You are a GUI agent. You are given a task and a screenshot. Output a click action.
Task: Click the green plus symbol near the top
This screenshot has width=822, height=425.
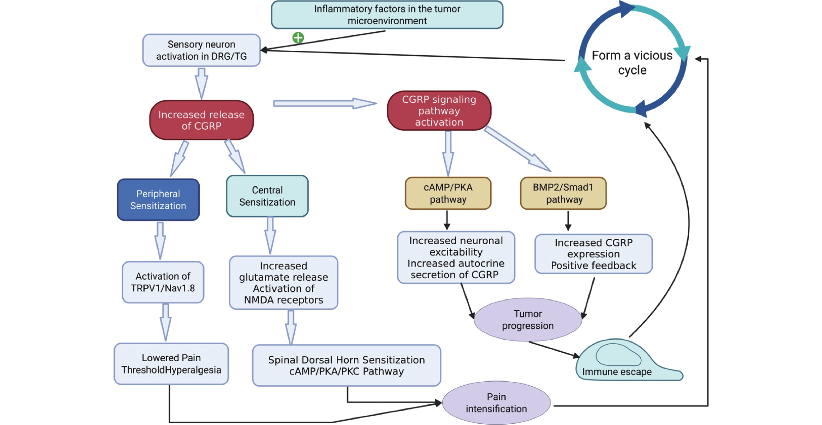298,38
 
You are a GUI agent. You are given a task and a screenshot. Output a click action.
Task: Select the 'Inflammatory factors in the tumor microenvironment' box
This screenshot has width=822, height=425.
387,15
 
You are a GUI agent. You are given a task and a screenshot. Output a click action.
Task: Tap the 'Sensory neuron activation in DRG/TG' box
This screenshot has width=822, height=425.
201,50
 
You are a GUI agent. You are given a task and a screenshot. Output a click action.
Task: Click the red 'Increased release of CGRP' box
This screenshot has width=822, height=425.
201,120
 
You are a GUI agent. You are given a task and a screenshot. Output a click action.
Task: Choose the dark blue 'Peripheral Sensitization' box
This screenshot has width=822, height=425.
158,199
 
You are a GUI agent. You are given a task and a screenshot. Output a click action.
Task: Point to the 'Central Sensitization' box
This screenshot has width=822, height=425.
267,196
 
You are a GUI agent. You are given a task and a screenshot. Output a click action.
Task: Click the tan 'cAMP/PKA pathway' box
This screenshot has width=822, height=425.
448,193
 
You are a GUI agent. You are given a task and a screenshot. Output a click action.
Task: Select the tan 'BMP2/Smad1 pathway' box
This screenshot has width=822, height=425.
563,193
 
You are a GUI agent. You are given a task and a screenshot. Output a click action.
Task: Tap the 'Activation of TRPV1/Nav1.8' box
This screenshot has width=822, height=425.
163,282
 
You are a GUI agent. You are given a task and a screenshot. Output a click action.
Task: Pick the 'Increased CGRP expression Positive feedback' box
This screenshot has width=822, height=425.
593,254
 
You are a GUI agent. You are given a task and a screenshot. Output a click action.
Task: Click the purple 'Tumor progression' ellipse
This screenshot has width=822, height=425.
528,320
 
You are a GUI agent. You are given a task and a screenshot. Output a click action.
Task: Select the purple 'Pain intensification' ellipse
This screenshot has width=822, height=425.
496,403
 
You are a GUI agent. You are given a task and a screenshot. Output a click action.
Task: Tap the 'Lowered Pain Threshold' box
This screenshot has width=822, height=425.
171,364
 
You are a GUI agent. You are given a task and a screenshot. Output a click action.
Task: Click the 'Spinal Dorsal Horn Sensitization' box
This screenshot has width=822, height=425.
346,365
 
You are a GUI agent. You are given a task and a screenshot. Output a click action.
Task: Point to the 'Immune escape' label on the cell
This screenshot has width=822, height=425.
616,372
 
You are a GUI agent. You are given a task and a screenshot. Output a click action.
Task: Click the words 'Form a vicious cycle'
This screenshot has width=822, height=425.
632,63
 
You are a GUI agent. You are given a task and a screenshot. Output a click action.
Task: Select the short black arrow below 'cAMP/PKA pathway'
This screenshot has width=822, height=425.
447,220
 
